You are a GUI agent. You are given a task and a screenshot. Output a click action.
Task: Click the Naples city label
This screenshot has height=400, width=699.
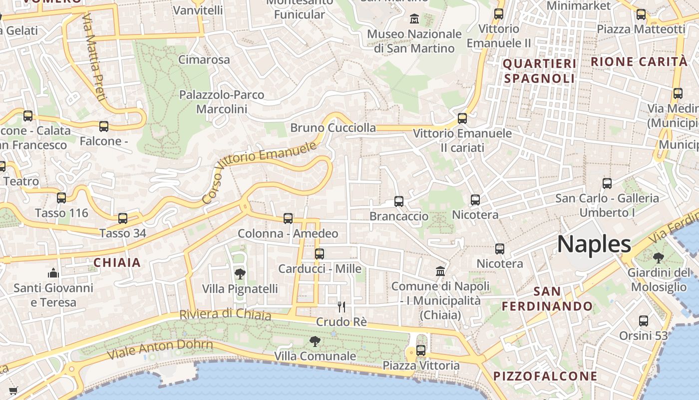(594, 244)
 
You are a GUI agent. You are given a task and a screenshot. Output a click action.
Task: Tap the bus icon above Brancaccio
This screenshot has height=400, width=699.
(398, 201)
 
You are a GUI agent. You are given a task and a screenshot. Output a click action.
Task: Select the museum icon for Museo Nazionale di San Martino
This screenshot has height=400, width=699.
(414, 19)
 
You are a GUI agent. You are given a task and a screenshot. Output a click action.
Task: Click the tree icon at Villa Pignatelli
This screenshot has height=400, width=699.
(240, 273)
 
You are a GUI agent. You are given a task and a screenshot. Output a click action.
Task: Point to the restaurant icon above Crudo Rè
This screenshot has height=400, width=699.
(342, 306)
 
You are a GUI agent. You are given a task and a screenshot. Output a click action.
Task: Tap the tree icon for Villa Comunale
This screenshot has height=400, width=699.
(315, 341)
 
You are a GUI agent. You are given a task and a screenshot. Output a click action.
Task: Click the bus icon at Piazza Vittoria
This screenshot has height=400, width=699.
(421, 350)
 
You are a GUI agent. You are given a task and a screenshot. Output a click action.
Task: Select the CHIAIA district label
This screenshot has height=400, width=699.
(117, 262)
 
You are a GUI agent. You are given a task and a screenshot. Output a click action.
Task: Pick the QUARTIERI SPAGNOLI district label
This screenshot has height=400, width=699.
(539, 71)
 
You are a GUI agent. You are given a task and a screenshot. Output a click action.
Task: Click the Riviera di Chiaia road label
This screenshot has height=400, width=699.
(225, 314)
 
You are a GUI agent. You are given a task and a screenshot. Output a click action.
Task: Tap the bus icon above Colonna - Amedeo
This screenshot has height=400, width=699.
(288, 218)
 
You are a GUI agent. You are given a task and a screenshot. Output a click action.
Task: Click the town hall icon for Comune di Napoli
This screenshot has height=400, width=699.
(440, 271)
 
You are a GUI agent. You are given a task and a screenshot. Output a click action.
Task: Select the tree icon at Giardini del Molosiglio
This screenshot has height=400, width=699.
(658, 258)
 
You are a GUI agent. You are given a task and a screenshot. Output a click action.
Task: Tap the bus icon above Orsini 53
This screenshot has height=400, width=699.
(643, 321)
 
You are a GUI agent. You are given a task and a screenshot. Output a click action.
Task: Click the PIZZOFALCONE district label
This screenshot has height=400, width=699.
(545, 376)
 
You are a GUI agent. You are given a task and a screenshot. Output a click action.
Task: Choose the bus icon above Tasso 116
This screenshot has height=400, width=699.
(61, 198)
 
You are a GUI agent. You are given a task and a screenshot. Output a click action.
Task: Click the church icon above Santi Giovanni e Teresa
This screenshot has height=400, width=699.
(53, 273)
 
